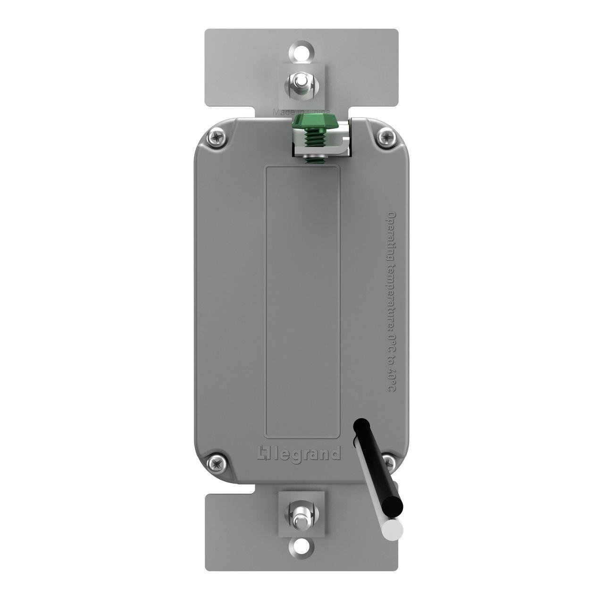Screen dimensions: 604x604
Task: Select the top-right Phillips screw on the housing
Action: [x=386, y=137]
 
